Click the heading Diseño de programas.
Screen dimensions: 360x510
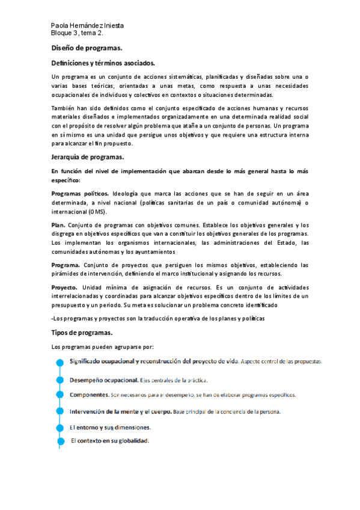point(87,48)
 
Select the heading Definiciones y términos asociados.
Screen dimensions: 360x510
point(103,63)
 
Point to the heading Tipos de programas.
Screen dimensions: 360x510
point(82,333)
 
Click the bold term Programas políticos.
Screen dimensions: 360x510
point(80,194)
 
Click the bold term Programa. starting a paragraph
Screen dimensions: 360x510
point(66,265)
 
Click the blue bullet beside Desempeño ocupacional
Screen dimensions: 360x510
point(59,380)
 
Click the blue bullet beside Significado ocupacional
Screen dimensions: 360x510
point(59,363)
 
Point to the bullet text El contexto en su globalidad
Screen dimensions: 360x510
point(110,440)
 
